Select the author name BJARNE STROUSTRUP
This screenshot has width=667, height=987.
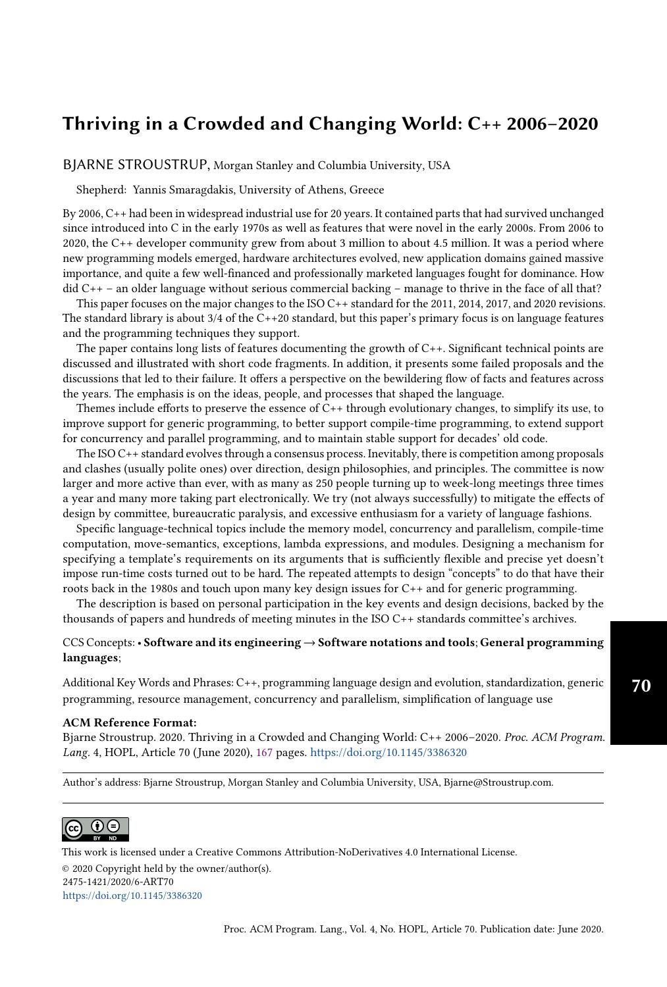(x=136, y=164)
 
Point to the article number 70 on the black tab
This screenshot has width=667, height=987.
(x=641, y=686)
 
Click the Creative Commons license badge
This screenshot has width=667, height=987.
(x=95, y=829)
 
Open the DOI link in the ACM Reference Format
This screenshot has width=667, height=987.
(x=388, y=752)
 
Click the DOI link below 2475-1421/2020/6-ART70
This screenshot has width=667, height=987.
(x=132, y=896)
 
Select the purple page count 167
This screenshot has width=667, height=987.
(x=264, y=752)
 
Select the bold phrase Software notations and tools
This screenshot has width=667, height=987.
(x=396, y=642)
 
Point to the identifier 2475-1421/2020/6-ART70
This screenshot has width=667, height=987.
(x=118, y=882)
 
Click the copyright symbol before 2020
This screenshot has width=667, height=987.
(x=66, y=869)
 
